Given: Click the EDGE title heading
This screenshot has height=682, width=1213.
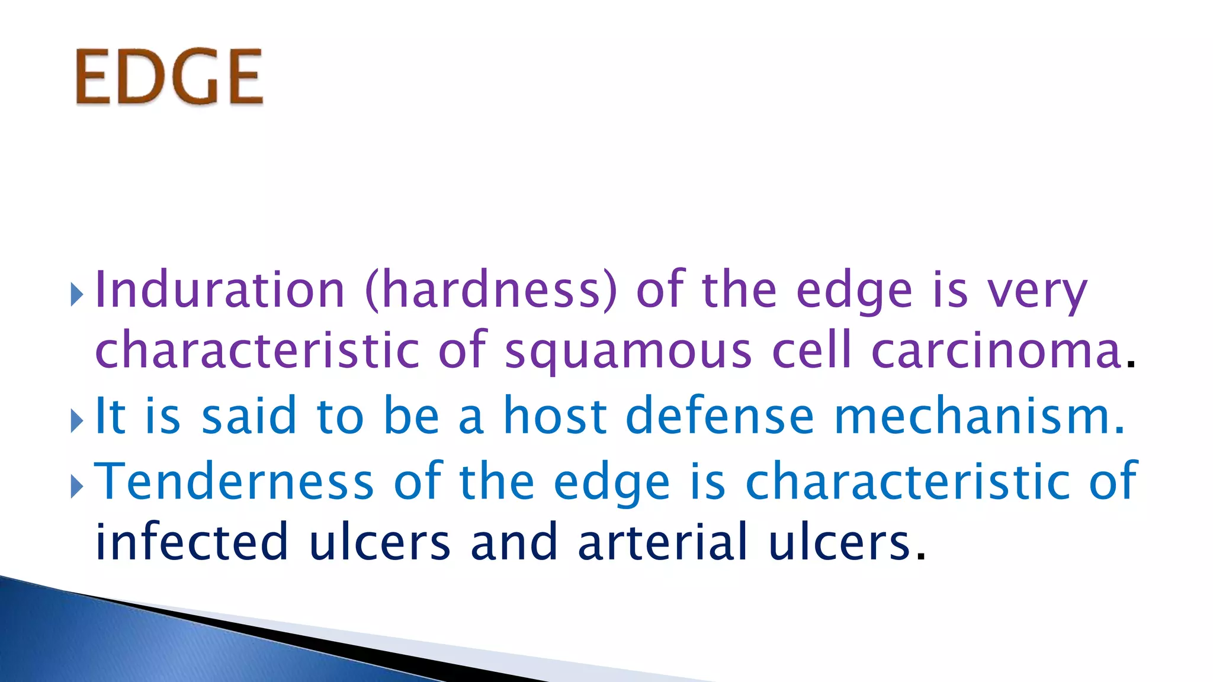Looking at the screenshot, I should tap(169, 78).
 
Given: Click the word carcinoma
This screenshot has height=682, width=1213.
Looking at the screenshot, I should tap(996, 350).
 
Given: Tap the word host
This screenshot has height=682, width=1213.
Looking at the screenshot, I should tap(555, 416).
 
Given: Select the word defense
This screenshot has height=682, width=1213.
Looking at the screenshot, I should tap(720, 416).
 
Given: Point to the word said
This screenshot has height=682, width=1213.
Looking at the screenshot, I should tap(249, 416).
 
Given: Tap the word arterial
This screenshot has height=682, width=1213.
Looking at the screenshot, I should tap(663, 542).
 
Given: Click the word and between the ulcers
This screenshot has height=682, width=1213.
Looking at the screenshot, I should tap(514, 542).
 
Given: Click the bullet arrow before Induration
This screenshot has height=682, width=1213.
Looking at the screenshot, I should tap(76, 294).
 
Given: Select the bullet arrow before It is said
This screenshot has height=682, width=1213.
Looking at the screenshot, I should tap(76, 421).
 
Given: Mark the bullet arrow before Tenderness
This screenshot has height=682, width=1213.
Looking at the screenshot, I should tap(76, 487).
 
